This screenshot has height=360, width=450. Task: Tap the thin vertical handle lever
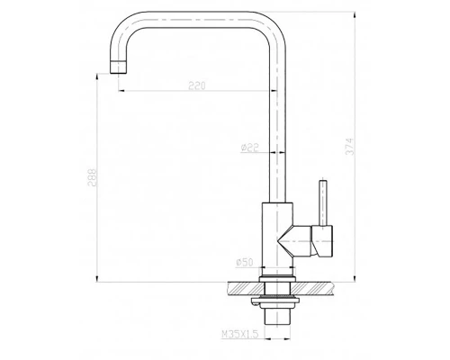tap(319, 202)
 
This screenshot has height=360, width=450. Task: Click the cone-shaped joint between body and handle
tap(295, 241)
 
